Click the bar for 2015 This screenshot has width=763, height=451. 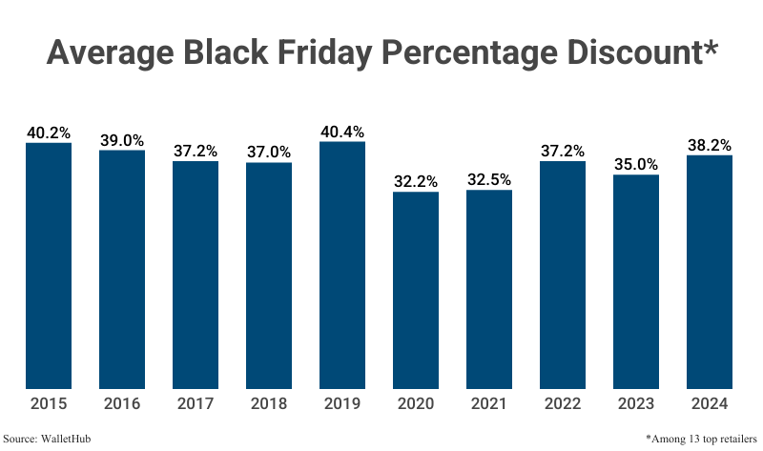(x=49, y=266)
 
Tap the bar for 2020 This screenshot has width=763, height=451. (x=416, y=290)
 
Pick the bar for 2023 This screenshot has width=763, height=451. (x=636, y=281)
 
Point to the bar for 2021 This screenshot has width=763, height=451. (x=489, y=289)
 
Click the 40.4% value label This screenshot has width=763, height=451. (x=342, y=132)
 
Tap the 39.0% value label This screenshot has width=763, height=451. (x=122, y=140)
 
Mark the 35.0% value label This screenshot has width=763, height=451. (x=636, y=164)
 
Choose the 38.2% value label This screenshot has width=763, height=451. (x=710, y=145)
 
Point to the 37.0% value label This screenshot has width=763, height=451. (x=269, y=152)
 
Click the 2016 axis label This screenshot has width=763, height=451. (x=122, y=404)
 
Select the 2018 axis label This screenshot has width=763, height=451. (x=269, y=404)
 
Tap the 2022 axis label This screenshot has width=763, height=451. (x=563, y=404)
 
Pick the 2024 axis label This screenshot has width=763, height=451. (x=710, y=404)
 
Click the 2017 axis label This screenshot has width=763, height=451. (x=196, y=404)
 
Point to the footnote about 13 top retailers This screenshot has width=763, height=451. (x=701, y=439)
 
